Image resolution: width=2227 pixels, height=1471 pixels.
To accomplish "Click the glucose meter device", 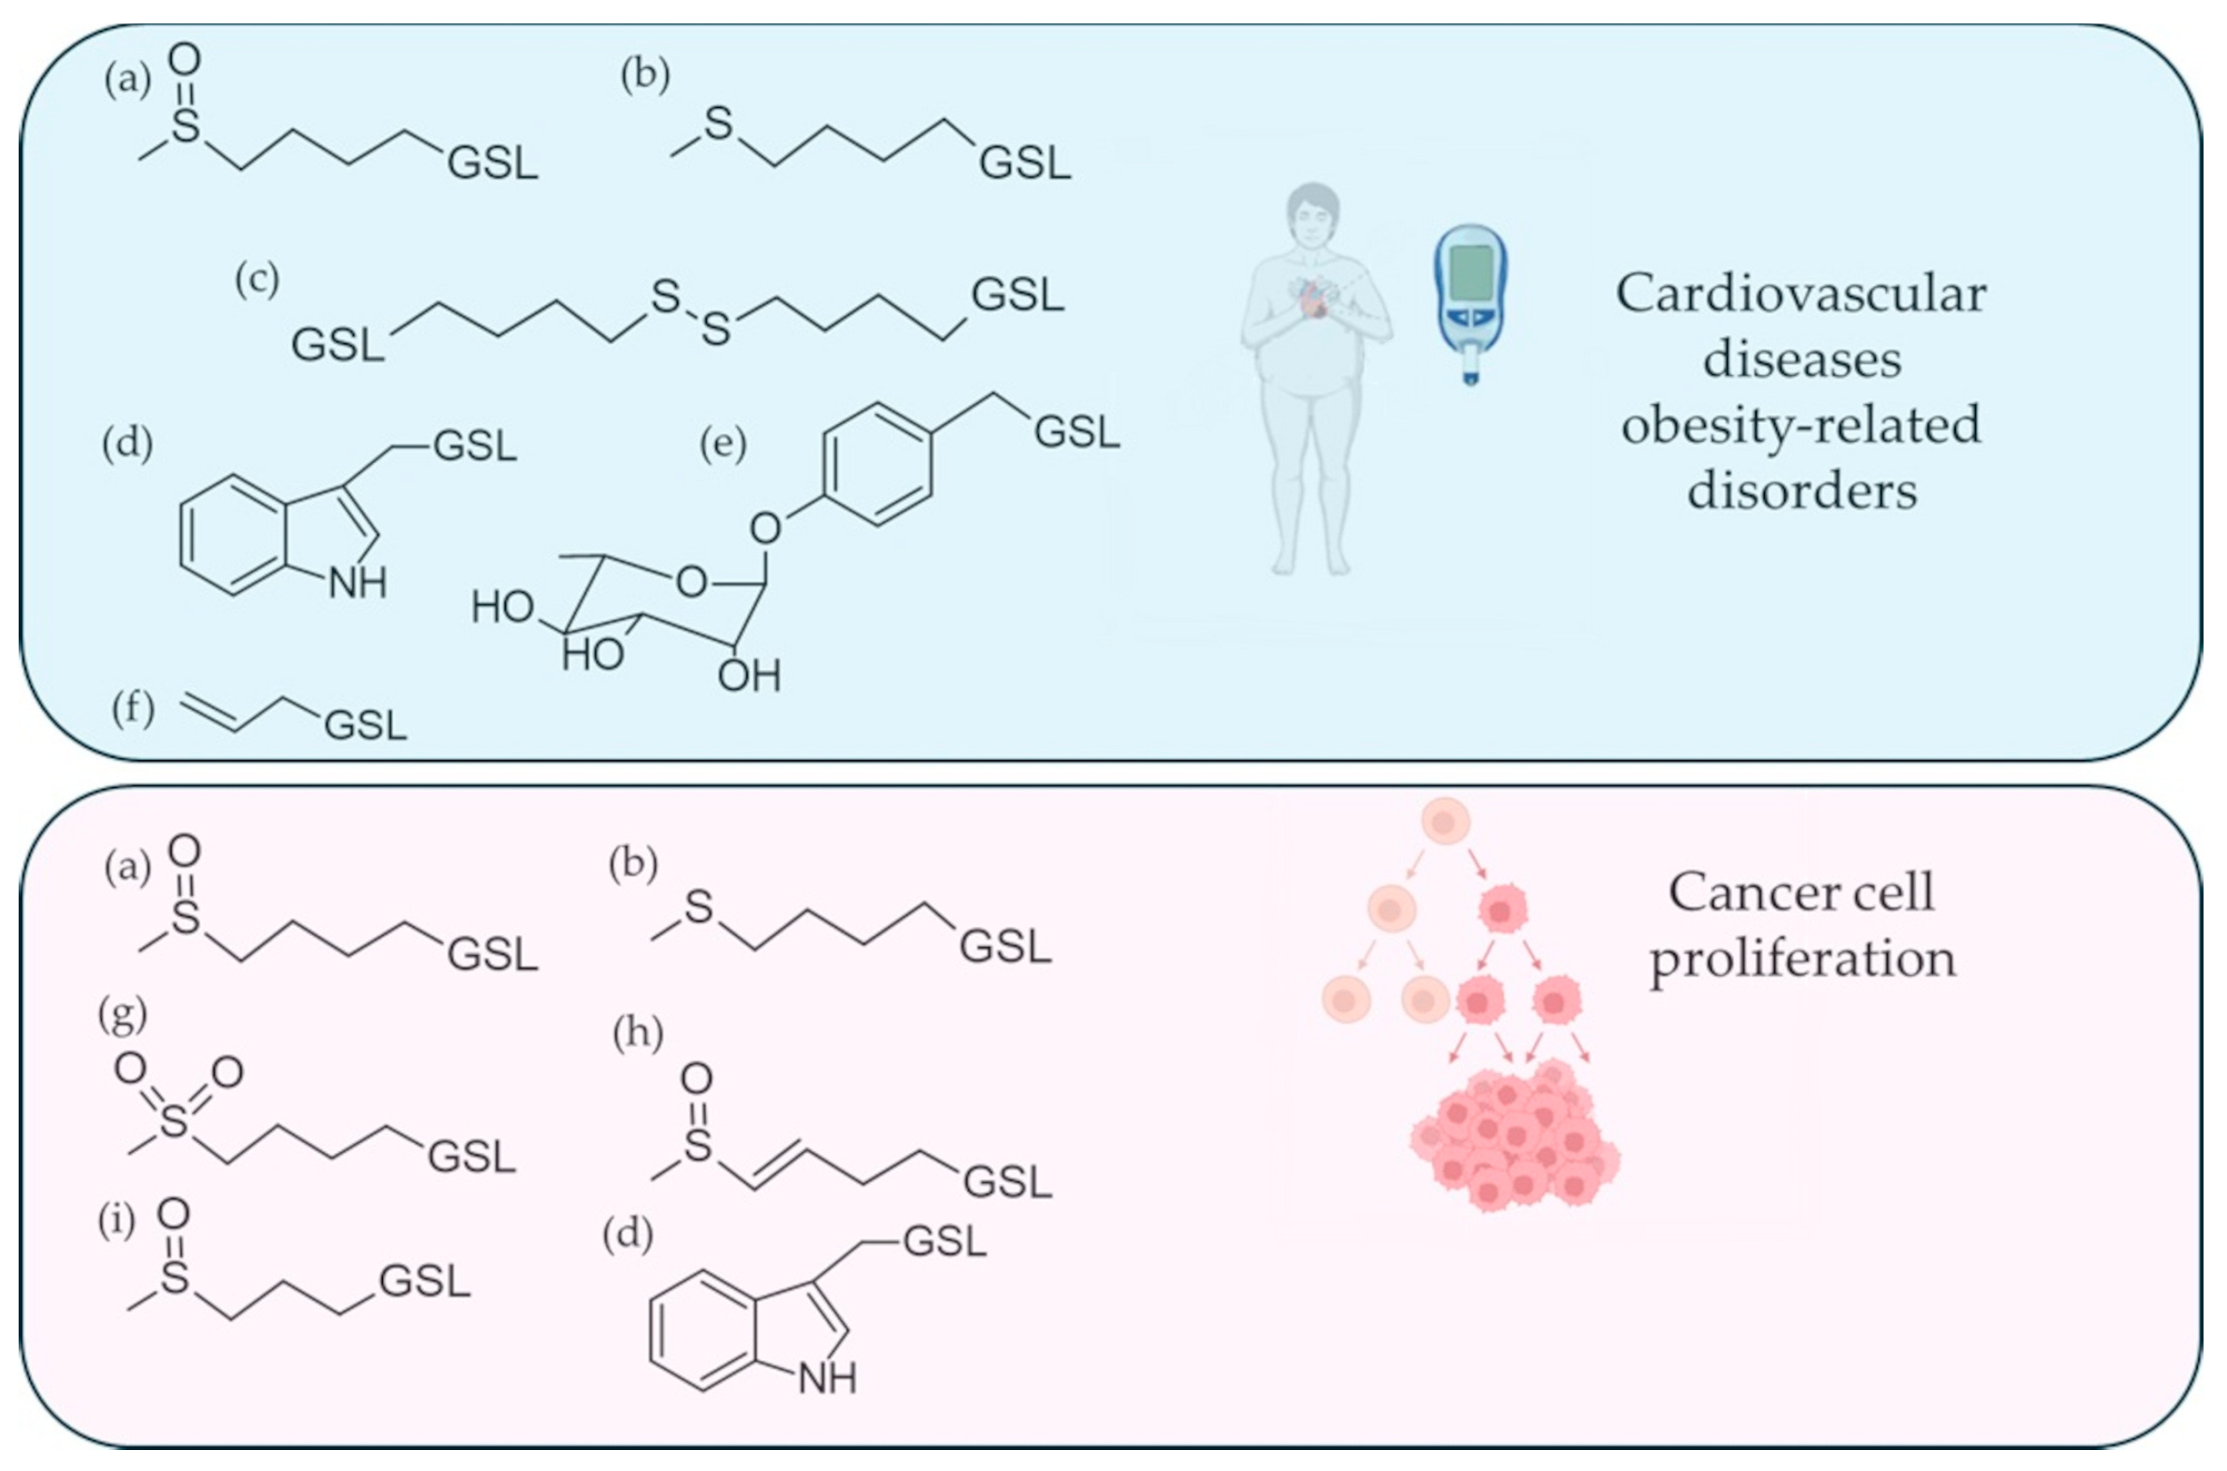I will click(1469, 302).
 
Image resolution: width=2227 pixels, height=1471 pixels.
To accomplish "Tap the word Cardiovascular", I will click(1800, 295).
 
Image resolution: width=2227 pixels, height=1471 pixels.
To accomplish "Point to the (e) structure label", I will click(723, 444).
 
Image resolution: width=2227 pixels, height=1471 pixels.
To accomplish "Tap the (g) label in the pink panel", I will click(123, 1014).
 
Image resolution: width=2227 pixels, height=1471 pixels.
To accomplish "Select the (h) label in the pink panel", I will click(638, 1034).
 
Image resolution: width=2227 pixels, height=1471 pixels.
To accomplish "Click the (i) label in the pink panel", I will click(117, 1222).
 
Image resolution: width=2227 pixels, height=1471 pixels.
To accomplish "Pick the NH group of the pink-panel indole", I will click(827, 1378).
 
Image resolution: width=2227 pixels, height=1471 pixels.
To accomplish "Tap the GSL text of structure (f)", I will click(366, 725).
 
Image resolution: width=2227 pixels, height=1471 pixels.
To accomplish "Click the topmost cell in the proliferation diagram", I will click(1445, 823).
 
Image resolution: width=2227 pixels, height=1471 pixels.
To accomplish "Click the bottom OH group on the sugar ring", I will click(749, 674).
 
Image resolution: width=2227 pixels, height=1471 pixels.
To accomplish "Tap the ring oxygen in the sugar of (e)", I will click(691, 583).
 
